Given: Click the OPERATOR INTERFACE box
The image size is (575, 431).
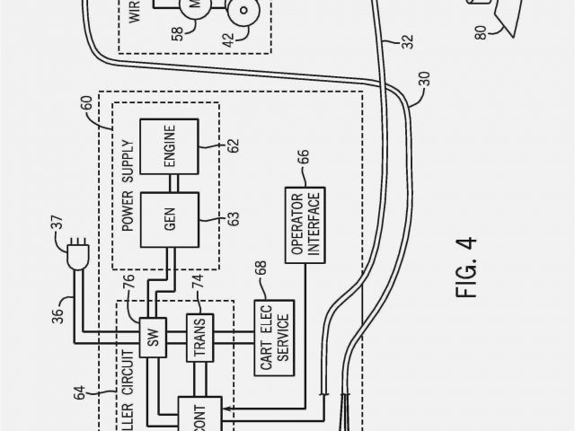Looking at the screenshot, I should tap(306, 225).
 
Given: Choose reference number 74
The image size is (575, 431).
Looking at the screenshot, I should tap(197, 279).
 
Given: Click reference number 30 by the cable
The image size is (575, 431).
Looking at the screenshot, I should tap(423, 90).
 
